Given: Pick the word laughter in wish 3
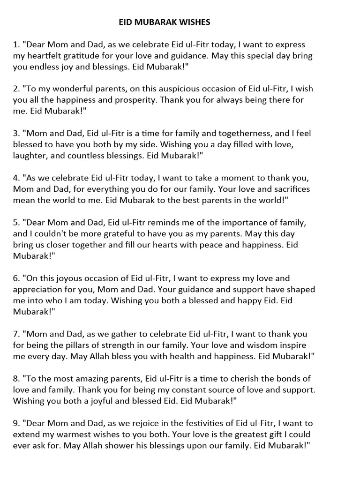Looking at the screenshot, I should [x=32, y=156].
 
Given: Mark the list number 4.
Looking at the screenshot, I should [x=16, y=178].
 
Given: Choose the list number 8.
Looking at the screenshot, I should [x=16, y=378].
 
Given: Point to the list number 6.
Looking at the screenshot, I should [x=16, y=278].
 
